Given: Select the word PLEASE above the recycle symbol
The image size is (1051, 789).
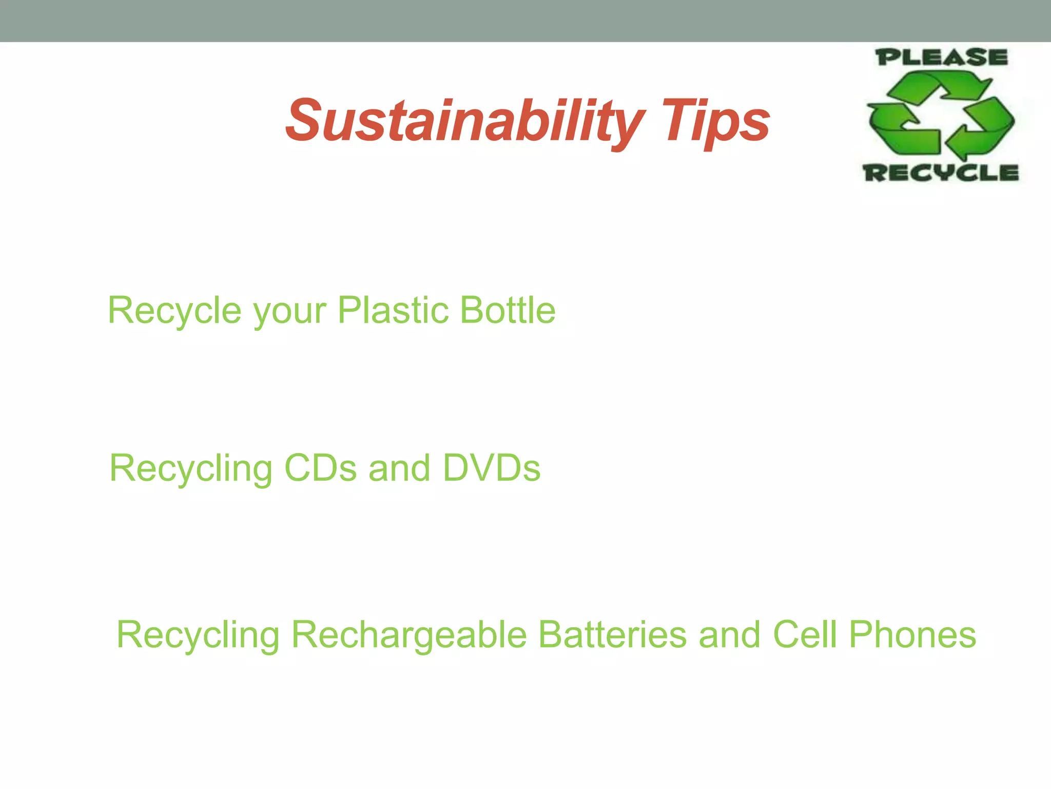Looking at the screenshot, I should click(941, 58).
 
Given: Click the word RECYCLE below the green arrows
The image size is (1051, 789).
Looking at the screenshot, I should click(941, 173).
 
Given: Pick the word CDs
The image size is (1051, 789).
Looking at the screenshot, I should click(320, 468).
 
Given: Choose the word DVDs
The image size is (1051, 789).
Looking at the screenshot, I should click(491, 468).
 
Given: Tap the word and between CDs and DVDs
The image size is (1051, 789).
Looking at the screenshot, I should click(399, 468).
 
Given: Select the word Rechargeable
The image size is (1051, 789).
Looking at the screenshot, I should click(409, 635).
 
